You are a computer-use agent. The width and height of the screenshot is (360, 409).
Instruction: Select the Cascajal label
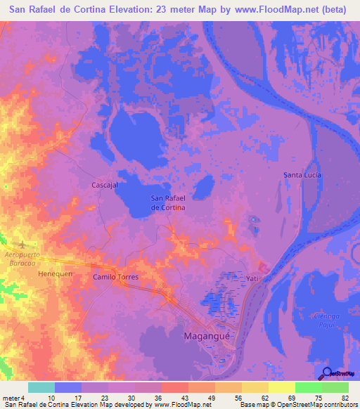coord(105,185)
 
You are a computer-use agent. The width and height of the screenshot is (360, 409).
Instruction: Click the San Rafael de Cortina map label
coord(168,203)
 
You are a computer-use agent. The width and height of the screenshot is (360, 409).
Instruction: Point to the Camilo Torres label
coord(116,278)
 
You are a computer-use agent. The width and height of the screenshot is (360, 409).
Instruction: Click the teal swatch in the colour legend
coord(41,387)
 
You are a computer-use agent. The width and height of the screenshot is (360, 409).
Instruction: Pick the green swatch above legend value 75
coord(309,387)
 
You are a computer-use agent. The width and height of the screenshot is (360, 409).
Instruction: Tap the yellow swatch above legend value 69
coord(281,387)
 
